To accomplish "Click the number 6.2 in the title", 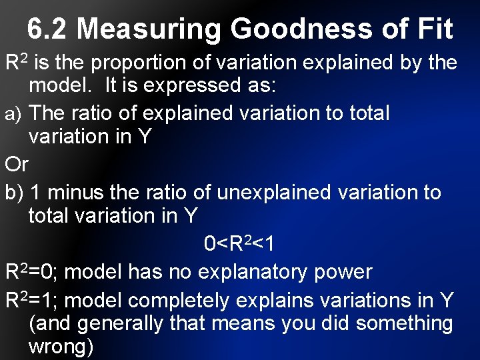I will (x=49, y=29).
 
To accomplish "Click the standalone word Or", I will (x=17, y=164).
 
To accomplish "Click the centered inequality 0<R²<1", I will (x=239, y=244).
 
